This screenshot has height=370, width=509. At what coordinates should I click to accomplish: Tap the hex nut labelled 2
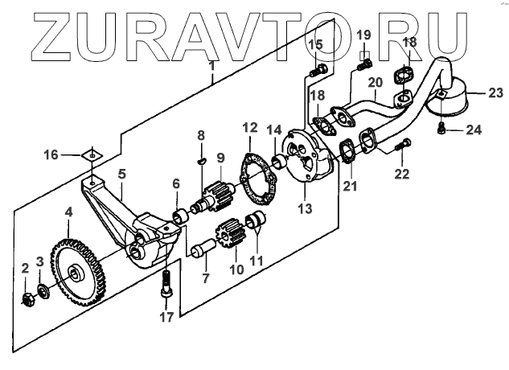27,300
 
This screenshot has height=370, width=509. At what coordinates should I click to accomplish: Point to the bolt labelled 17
166,282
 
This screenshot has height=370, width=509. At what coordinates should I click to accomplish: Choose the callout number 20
374,82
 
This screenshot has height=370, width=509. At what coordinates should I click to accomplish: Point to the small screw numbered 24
443,127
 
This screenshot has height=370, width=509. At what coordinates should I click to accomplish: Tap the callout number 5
122,174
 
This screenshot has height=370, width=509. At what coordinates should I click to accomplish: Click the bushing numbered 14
282,162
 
